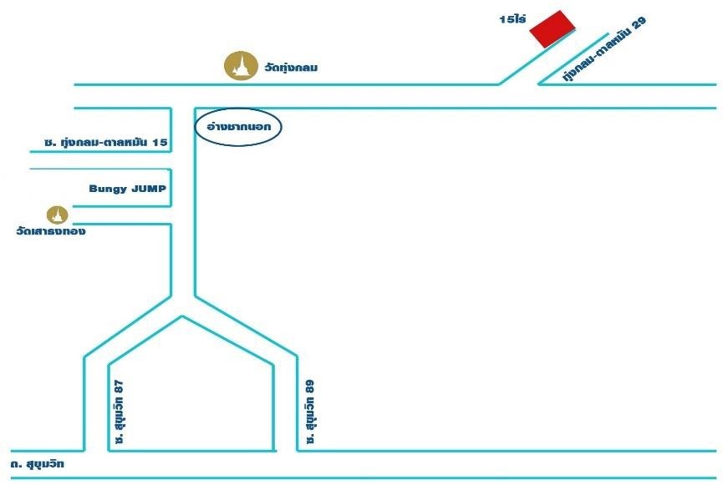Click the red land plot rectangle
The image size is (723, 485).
(x=552, y=29)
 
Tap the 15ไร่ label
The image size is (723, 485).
(x=512, y=19)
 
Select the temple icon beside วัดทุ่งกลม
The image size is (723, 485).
(x=241, y=65)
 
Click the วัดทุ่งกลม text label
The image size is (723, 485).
(x=291, y=68)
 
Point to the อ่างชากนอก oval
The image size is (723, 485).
(x=237, y=127)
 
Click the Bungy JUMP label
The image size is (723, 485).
(x=127, y=189)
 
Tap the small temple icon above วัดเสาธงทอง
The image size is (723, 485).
(x=57, y=215)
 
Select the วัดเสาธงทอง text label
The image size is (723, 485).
(x=51, y=230)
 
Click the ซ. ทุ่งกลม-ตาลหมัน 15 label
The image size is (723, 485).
(x=105, y=142)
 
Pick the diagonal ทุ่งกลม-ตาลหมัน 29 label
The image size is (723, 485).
(x=604, y=49)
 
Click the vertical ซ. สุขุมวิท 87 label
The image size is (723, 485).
(x=120, y=412)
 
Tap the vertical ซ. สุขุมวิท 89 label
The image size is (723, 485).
(x=310, y=412)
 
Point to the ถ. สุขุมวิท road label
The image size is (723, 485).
(x=37, y=464)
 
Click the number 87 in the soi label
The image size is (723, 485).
(x=120, y=386)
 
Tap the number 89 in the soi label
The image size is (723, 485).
(x=310, y=386)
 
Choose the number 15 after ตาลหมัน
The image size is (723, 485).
(x=160, y=142)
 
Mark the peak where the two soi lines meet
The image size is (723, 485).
(x=182, y=316)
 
